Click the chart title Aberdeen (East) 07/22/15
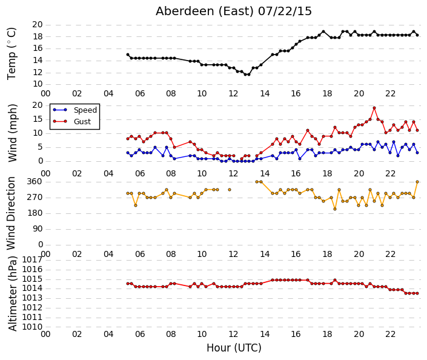(234, 12)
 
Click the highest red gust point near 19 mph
(374, 108)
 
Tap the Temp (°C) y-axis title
(12, 54)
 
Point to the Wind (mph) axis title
(13, 133)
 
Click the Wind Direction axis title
(11, 213)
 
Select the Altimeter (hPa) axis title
(13, 293)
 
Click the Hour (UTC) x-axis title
(234, 348)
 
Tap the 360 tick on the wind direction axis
(35, 182)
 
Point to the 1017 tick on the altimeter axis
(32, 260)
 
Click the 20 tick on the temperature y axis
(38, 25)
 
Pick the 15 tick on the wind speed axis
(38, 119)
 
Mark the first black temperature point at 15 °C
(128, 55)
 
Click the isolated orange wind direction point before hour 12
(230, 190)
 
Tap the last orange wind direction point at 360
(417, 182)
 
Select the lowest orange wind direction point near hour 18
(335, 209)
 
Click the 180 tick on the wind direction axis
(35, 213)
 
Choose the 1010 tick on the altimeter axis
(32, 327)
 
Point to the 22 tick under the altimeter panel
(390, 335)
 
